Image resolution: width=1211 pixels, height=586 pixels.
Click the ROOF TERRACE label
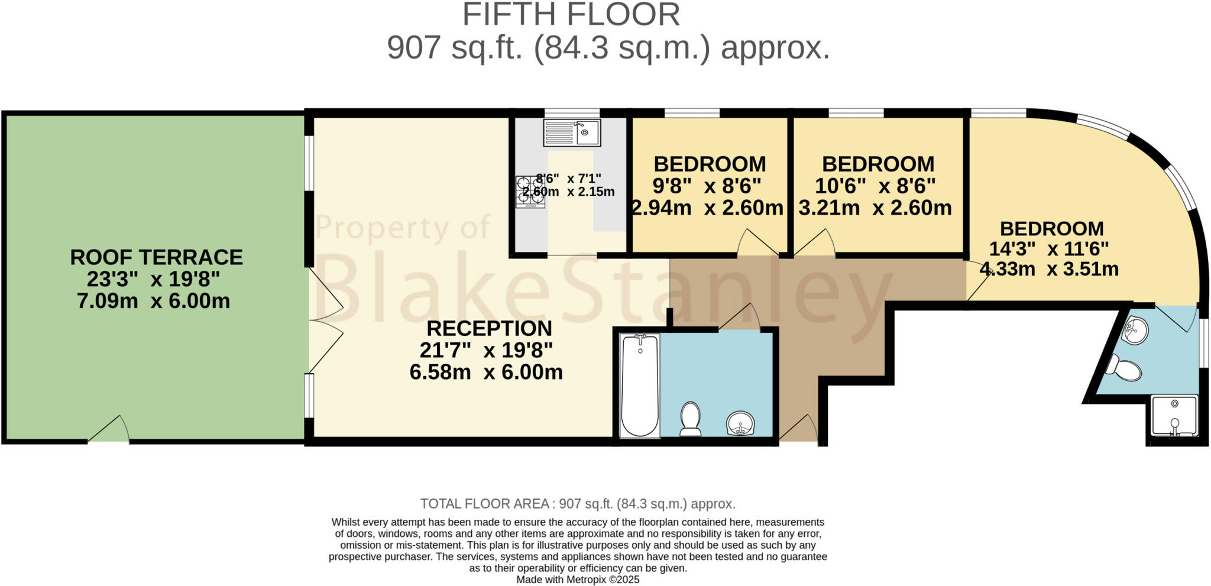pos(156,257)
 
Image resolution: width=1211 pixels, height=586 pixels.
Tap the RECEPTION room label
pos(489,328)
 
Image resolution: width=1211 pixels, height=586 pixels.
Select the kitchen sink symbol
pos(571,132)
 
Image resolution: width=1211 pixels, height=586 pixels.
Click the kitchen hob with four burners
pos(530,192)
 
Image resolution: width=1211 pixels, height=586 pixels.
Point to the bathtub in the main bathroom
pos(640,386)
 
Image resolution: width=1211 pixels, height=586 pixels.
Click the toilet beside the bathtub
pos(690,418)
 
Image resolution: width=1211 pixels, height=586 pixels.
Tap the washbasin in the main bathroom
pos(740,423)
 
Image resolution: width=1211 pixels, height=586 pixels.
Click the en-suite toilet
pos(1124,368)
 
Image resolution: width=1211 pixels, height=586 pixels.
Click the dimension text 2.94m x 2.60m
pos(708,208)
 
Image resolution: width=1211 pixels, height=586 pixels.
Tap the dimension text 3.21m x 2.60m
pos(875,208)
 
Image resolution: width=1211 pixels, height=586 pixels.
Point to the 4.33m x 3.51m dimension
pos(1049,269)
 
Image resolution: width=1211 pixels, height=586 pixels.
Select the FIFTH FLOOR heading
pos(571,15)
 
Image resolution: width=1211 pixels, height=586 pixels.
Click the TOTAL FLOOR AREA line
pos(578,504)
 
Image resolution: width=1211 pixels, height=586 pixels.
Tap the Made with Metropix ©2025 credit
pos(578,579)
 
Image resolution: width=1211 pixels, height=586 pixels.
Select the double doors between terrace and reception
pos(325,322)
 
